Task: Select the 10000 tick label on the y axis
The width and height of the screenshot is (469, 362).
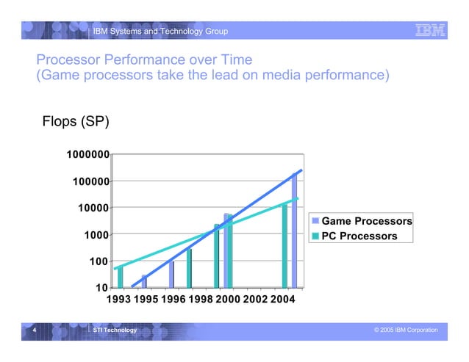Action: [93, 208]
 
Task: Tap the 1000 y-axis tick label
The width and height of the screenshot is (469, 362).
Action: [96, 235]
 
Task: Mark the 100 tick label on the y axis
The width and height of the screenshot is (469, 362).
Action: [99, 261]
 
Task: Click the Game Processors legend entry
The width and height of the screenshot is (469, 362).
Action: [365, 222]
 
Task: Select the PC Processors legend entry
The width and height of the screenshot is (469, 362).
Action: [359, 236]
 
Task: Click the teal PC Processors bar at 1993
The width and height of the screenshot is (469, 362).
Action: [121, 277]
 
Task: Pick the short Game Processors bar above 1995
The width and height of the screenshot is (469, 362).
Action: [144, 281]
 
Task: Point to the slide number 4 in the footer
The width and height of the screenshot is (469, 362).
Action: [34, 330]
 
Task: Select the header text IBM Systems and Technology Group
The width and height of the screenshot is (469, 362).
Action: [160, 31]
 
